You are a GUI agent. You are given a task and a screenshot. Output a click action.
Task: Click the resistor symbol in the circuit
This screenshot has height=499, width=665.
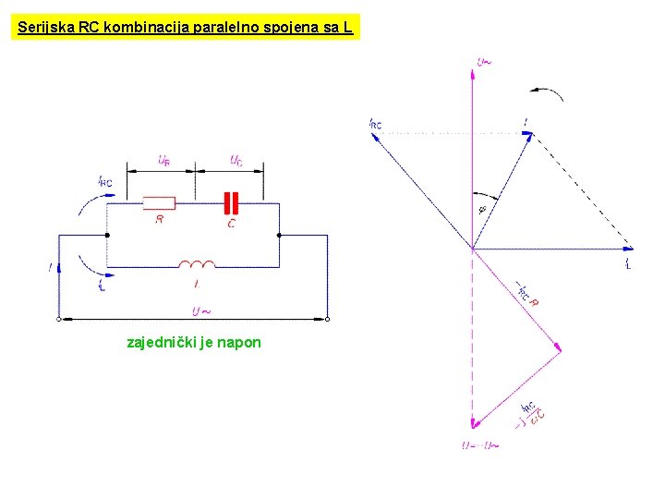coord(159,202)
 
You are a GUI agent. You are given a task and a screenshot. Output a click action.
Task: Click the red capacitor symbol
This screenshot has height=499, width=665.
coord(231,202)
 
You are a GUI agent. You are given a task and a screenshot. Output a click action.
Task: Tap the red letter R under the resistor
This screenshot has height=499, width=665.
coord(160,220)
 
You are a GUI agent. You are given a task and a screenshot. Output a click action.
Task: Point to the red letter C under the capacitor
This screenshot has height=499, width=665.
coord(231,222)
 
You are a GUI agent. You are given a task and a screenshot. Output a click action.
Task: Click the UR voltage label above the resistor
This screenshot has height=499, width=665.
coord(163,161)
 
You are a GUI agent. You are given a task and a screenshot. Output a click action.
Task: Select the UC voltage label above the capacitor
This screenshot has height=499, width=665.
coord(237,160)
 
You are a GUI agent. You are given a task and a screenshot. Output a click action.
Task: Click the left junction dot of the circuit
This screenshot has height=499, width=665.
coord(107,235)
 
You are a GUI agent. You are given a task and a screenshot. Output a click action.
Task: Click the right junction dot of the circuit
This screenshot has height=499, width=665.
coord(278,235)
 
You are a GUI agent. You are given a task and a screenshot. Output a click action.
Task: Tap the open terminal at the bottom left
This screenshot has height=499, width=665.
coord(58,319)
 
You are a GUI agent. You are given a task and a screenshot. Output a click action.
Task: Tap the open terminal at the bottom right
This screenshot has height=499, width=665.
coord(328,319)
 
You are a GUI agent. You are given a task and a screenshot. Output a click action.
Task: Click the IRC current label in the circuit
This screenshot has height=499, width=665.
coord(105,181)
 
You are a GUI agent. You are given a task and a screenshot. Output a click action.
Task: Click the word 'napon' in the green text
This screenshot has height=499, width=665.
coord(242,343)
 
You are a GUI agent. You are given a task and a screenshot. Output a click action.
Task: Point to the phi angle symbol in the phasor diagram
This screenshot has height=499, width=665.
coord(482,209)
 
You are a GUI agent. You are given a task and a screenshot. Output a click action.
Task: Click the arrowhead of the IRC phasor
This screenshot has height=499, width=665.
coord(373,135)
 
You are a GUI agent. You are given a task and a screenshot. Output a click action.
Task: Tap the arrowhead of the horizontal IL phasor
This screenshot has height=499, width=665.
coord(630,249)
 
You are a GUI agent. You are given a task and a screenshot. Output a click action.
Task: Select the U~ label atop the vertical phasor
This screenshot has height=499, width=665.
coord(484,62)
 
